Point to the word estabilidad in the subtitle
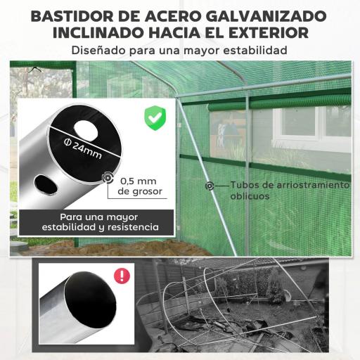pyautogui.click(x=254, y=51)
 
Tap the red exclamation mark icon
pyautogui.click(x=122, y=275)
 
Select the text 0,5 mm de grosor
pyautogui.click(x=140, y=185)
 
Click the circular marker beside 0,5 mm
pyautogui.click(x=108, y=179)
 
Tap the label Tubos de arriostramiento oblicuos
pyautogui.click(x=289, y=191)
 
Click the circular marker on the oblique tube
pyautogui.click(x=210, y=186)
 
